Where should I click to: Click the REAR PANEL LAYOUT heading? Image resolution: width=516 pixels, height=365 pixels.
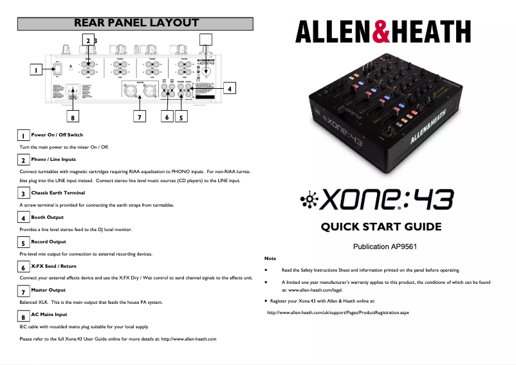136,23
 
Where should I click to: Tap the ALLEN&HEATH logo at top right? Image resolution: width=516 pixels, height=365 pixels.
383,31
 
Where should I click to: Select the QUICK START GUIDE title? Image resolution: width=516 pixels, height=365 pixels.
382,227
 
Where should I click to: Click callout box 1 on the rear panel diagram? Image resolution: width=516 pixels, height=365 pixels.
37,70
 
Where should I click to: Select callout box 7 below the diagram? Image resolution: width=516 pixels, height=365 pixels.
138,117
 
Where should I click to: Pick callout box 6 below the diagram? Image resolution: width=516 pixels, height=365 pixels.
167,117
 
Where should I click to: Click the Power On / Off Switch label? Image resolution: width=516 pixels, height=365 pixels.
57,135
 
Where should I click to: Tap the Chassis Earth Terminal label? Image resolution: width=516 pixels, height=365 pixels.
58,192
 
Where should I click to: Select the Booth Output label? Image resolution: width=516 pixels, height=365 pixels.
47,217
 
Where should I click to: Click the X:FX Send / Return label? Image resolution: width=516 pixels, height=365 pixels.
53,265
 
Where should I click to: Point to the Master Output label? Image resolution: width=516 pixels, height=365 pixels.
48,290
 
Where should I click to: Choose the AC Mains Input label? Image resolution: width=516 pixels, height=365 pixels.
49,314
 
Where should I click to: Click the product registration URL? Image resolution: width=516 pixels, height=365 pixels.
338,313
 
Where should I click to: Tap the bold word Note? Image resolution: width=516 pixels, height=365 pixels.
270,258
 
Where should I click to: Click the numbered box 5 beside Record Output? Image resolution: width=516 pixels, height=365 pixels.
23,243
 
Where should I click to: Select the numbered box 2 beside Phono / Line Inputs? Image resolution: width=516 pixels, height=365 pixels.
23,160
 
